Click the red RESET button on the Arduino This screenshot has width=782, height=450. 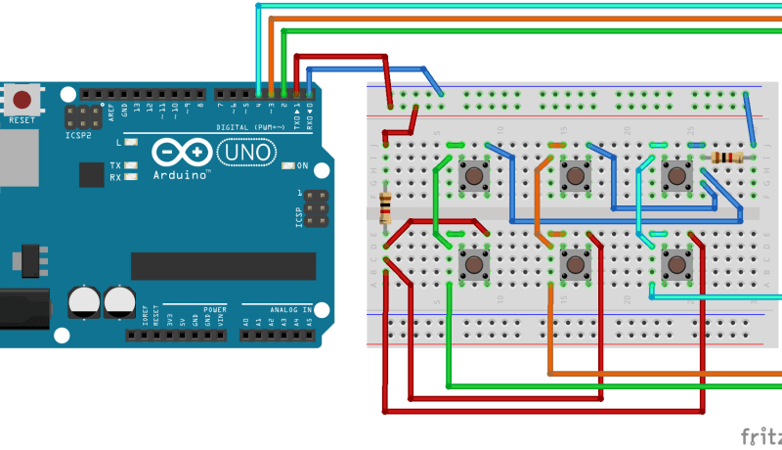(22, 99)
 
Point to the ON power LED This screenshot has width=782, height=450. (287, 165)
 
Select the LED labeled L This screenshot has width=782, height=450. (130, 143)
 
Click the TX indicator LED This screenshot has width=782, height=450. (130, 165)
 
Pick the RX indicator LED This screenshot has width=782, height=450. (130, 177)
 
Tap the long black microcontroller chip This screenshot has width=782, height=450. (223, 265)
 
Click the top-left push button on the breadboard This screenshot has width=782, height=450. (475, 176)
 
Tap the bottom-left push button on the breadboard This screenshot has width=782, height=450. (475, 264)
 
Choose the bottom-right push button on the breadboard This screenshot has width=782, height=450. (674, 264)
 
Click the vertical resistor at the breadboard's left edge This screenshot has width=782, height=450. (385, 207)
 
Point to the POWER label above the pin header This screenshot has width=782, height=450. (214, 309)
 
